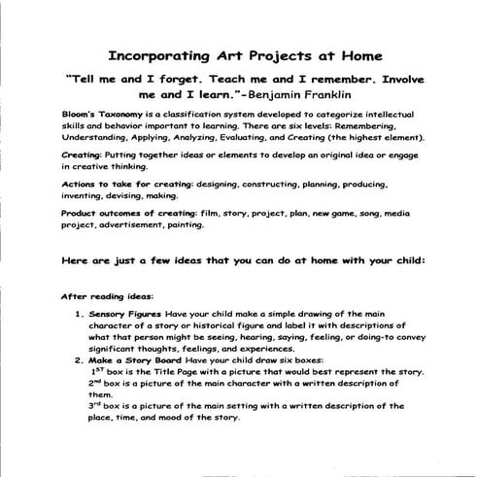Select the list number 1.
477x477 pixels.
[x=78, y=316]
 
